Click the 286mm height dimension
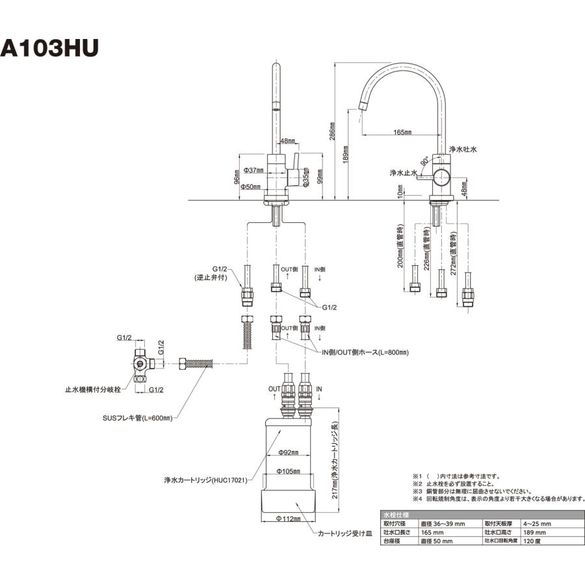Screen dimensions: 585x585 332,132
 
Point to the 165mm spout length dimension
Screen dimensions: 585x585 402,132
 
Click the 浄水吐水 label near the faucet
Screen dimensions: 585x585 463,149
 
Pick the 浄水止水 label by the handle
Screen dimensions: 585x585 402,173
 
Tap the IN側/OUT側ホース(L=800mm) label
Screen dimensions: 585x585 366,352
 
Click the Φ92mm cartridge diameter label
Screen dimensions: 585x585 287,452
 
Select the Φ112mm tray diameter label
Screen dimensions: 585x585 287,518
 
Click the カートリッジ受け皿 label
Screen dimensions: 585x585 344,532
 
